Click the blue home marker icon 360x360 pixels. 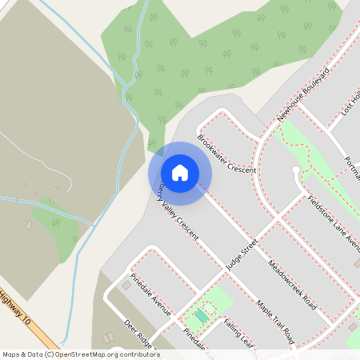tap(180, 173)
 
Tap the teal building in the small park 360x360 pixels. tap(200, 316)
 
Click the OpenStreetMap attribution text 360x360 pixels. tap(81, 354)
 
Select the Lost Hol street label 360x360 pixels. tap(350, 102)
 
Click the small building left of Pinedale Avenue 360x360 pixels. tap(126, 284)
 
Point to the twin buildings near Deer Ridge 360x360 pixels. tap(108, 338)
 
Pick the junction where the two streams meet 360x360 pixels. tap(128, 84)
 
